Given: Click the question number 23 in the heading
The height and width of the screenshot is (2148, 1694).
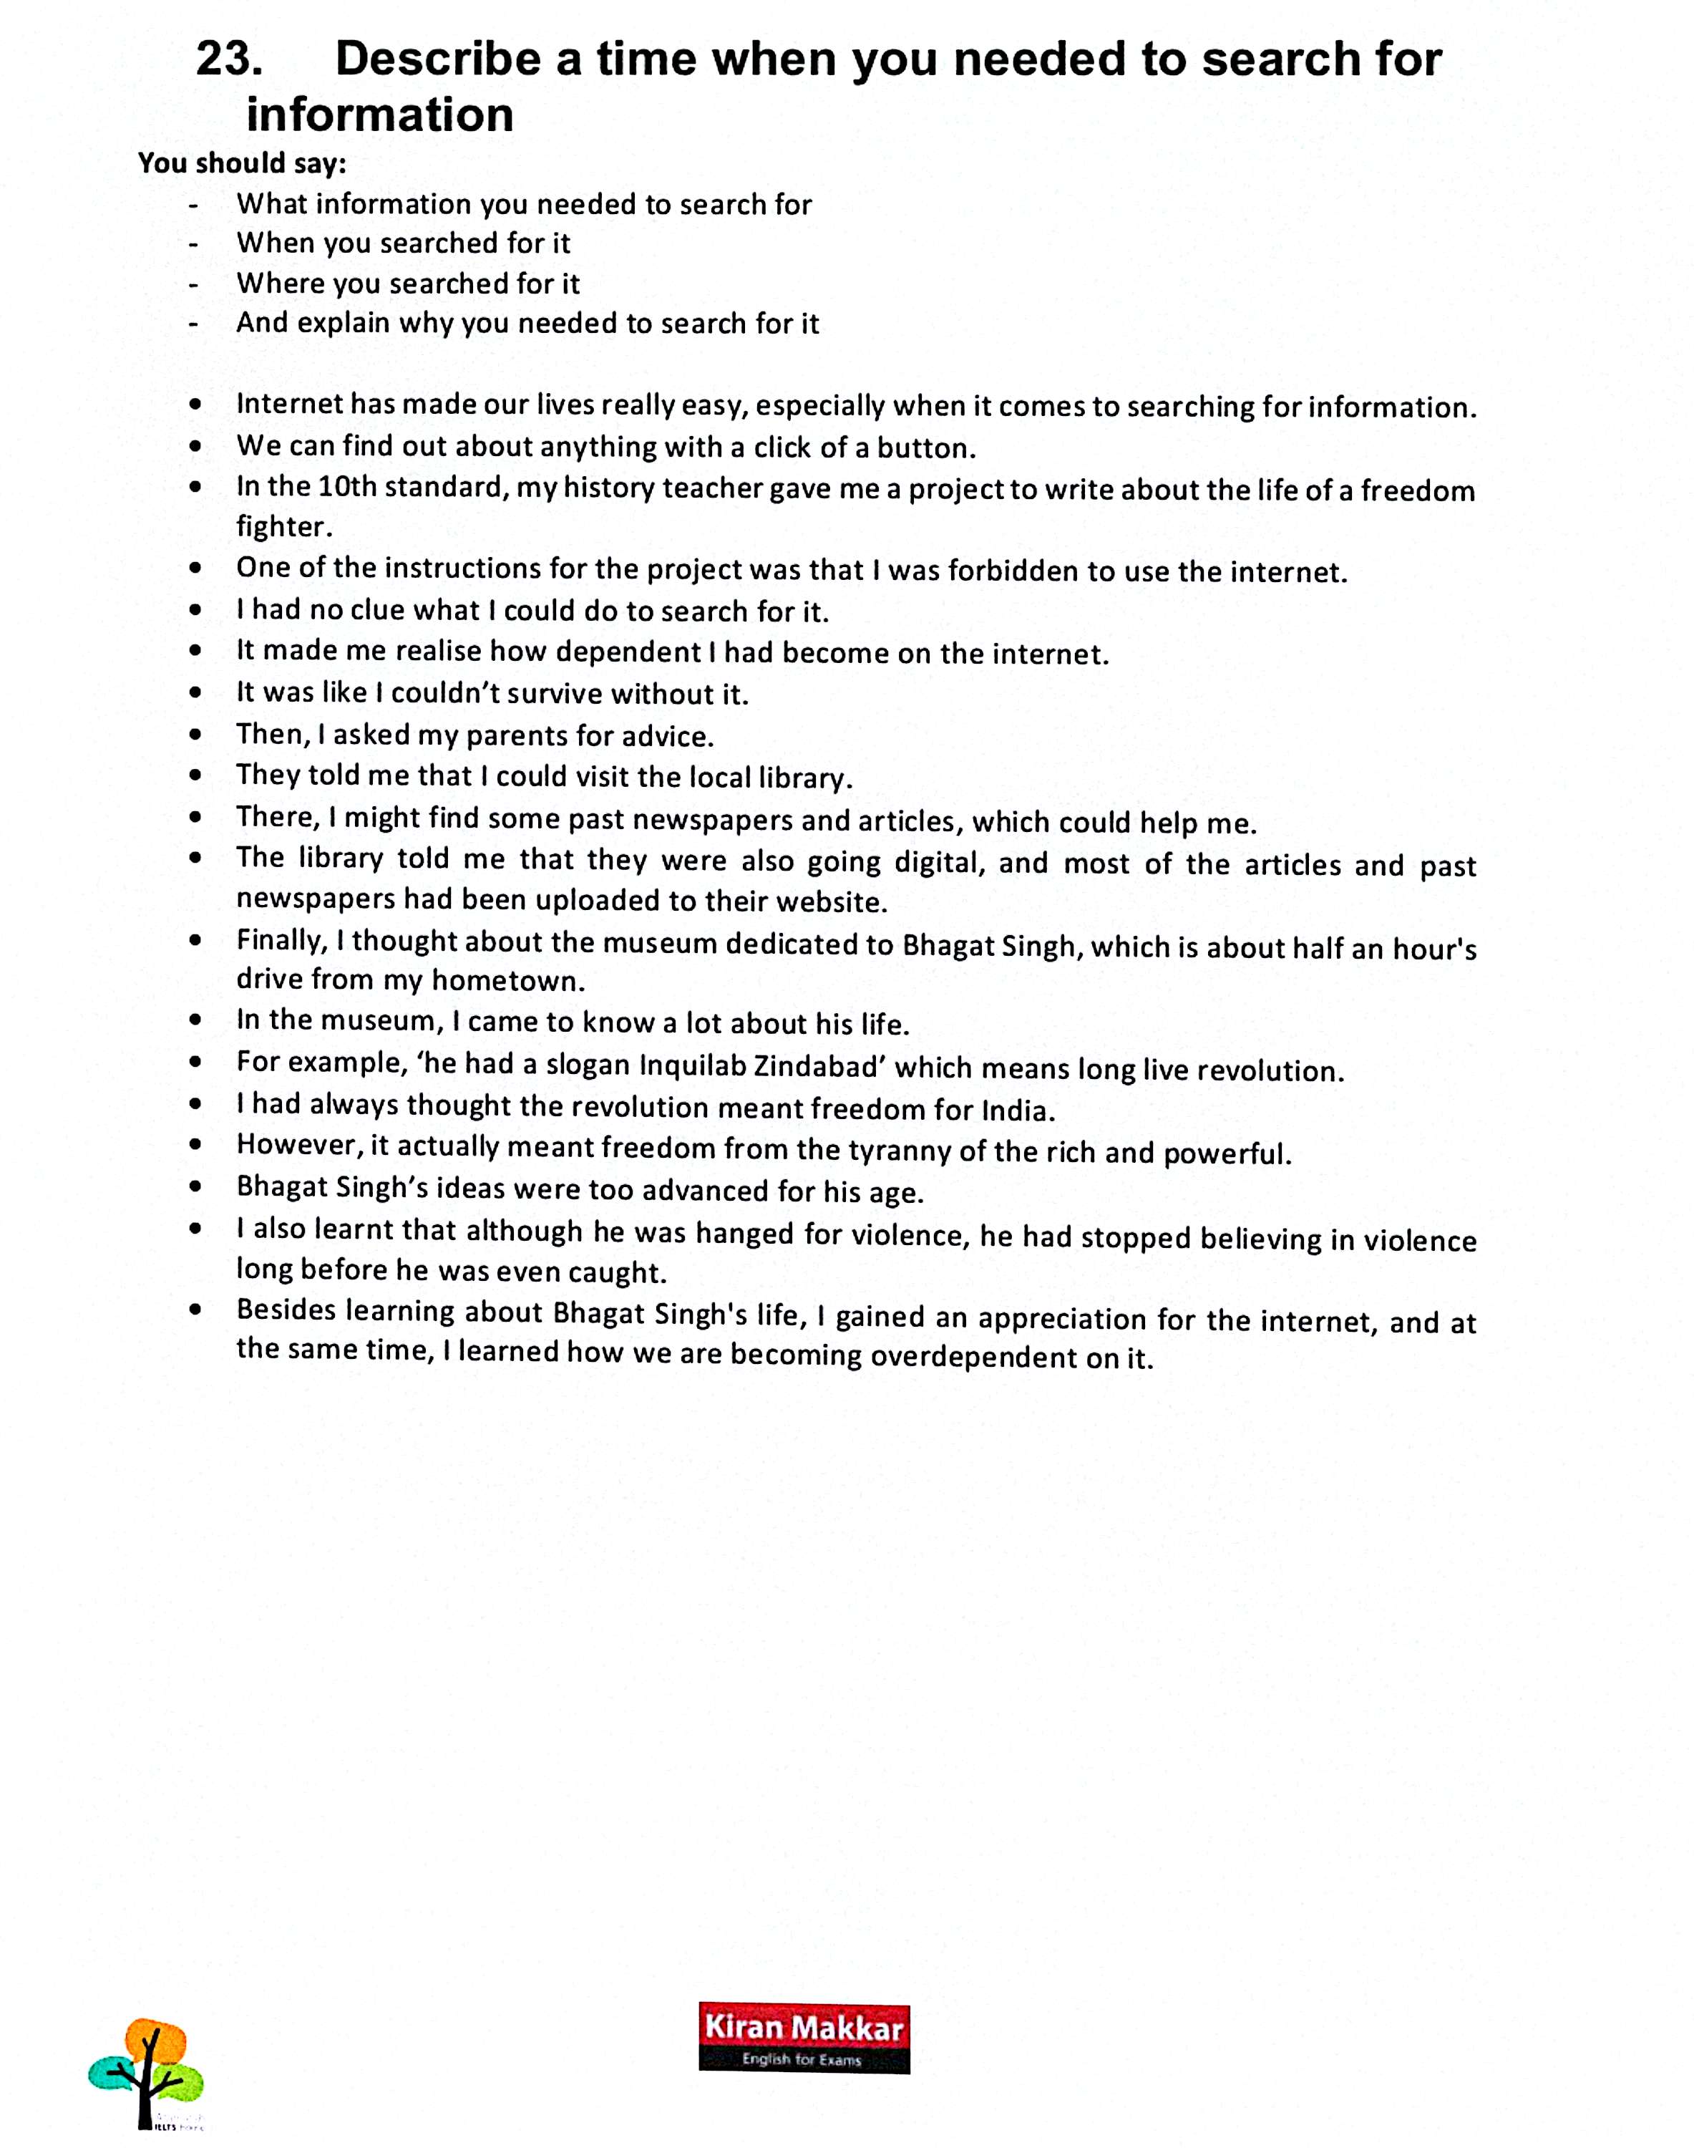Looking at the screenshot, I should pos(229,59).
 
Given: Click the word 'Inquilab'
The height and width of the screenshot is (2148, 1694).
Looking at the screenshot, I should pos(691,1065).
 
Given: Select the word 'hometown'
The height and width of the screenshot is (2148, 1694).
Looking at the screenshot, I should pos(508,981).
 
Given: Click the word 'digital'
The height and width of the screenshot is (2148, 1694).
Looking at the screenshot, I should pos(939,861).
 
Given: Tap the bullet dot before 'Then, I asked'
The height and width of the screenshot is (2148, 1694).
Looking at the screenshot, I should pos(195,735).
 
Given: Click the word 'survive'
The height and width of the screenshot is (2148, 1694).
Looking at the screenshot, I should pos(545,694).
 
